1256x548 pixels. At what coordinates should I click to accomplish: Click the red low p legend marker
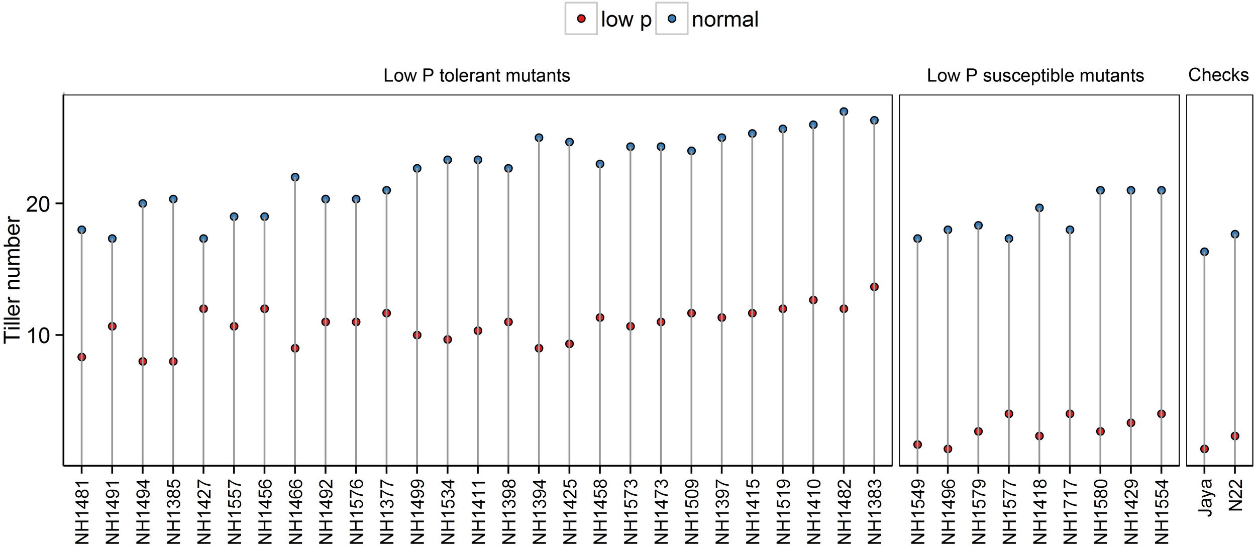coord(581,19)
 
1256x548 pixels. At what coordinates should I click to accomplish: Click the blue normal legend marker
coord(672,19)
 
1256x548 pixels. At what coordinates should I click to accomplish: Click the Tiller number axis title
coord(12,280)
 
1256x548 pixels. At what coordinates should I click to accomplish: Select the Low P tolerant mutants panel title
coord(476,76)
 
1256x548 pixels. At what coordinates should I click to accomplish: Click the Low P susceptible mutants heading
coord(1035,76)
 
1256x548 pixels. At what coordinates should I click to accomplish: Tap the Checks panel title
coord(1218,75)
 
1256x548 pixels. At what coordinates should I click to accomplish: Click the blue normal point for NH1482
coord(844,112)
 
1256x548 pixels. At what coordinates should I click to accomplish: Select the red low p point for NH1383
coord(874,287)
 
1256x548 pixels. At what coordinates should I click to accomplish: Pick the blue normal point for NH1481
coord(81,230)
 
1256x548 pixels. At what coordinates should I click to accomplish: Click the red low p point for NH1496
coord(948,449)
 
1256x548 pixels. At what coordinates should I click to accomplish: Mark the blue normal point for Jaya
coord(1204,252)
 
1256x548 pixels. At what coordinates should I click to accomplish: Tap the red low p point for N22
coord(1235,436)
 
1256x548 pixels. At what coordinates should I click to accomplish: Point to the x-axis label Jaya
coord(1205,497)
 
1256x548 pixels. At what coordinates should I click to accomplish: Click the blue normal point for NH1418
coord(1039,208)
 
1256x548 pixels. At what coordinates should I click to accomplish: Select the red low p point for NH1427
coord(203,309)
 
